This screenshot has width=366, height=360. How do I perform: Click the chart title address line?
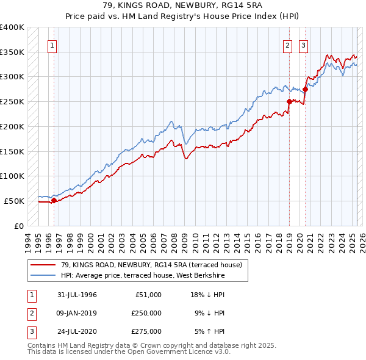(x=182, y=5)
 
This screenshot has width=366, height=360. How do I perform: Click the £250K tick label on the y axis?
(x=12, y=101)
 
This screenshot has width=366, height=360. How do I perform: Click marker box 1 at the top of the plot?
(x=52, y=45)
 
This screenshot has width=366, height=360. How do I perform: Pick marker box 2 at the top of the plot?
(x=287, y=45)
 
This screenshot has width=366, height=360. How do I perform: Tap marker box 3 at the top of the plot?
(x=303, y=45)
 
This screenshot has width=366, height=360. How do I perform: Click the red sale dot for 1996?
(x=54, y=200)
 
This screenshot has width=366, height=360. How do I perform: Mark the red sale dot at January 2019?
(x=289, y=101)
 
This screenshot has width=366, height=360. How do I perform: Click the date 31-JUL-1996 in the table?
(x=77, y=295)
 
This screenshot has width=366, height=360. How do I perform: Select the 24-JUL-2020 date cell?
(x=77, y=331)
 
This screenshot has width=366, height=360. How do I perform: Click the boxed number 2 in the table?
(x=31, y=313)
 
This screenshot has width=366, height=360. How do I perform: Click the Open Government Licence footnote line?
(x=129, y=352)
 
